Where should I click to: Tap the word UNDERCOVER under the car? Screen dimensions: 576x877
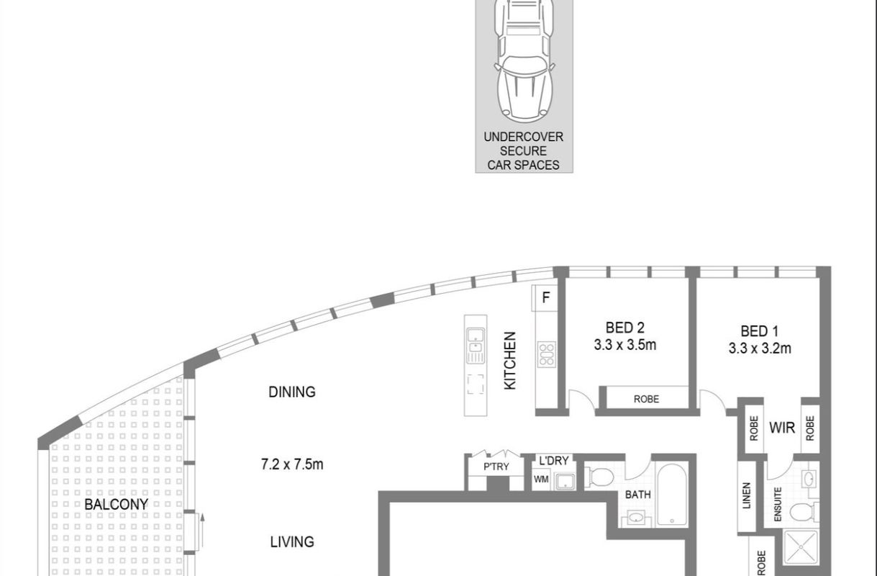[523, 137]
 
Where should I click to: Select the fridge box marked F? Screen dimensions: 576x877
[545, 297]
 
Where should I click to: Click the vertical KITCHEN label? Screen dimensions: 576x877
[510, 360]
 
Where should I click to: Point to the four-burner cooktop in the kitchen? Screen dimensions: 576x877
[546, 354]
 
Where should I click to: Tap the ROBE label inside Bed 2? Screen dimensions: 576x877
[645, 399]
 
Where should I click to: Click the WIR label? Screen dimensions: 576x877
[782, 428]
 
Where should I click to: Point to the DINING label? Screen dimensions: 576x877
[291, 392]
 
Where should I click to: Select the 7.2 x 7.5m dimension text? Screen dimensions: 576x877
[291, 464]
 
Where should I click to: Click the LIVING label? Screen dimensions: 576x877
[291, 541]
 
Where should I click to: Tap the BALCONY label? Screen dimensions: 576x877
[116, 504]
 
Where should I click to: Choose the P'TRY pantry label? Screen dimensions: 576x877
[496, 467]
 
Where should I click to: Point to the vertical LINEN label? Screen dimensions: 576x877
[746, 497]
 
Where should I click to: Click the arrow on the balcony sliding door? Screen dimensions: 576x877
[202, 529]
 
